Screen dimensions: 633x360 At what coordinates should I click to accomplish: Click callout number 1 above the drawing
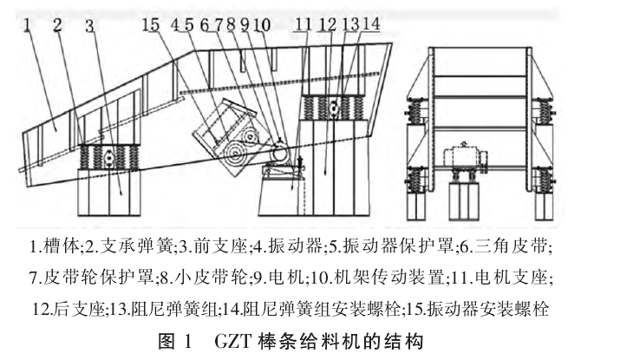[28, 25]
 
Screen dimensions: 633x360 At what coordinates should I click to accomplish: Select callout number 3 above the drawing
[90, 26]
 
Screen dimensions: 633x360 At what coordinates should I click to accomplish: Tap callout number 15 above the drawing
[151, 25]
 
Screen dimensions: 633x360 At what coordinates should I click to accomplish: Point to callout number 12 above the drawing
[327, 25]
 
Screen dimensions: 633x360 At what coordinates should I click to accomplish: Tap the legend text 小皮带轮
[211, 278]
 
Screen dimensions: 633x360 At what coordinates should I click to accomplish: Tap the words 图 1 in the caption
[174, 342]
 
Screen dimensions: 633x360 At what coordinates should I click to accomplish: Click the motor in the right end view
[464, 159]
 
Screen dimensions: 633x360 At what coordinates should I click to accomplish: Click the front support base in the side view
[109, 193]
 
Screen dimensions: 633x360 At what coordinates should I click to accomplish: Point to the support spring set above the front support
[109, 157]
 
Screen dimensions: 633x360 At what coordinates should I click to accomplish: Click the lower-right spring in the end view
[543, 180]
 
